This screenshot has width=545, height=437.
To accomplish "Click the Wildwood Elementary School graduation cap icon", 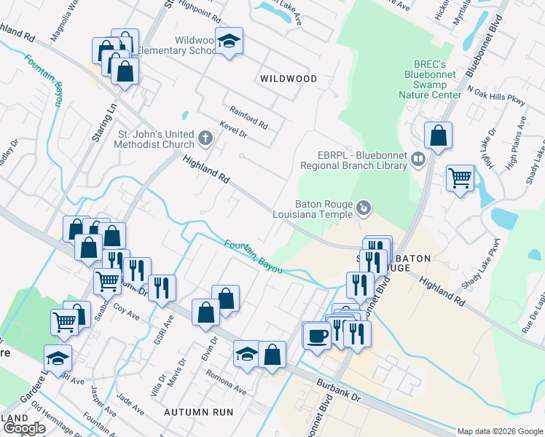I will [230, 42].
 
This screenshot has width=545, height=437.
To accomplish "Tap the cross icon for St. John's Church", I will [205, 138].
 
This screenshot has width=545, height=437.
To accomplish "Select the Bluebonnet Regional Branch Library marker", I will [417, 158].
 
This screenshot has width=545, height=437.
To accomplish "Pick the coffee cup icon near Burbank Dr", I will [317, 336].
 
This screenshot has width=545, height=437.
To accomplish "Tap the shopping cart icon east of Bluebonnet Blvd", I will [460, 176].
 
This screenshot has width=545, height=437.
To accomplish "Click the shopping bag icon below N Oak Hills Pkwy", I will [438, 135].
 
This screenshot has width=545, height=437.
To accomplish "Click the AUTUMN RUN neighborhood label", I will [198, 412].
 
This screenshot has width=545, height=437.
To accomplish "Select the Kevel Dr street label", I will [232, 130].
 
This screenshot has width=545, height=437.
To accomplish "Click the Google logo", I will [24, 428].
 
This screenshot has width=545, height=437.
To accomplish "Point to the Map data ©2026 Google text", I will [500, 431].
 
